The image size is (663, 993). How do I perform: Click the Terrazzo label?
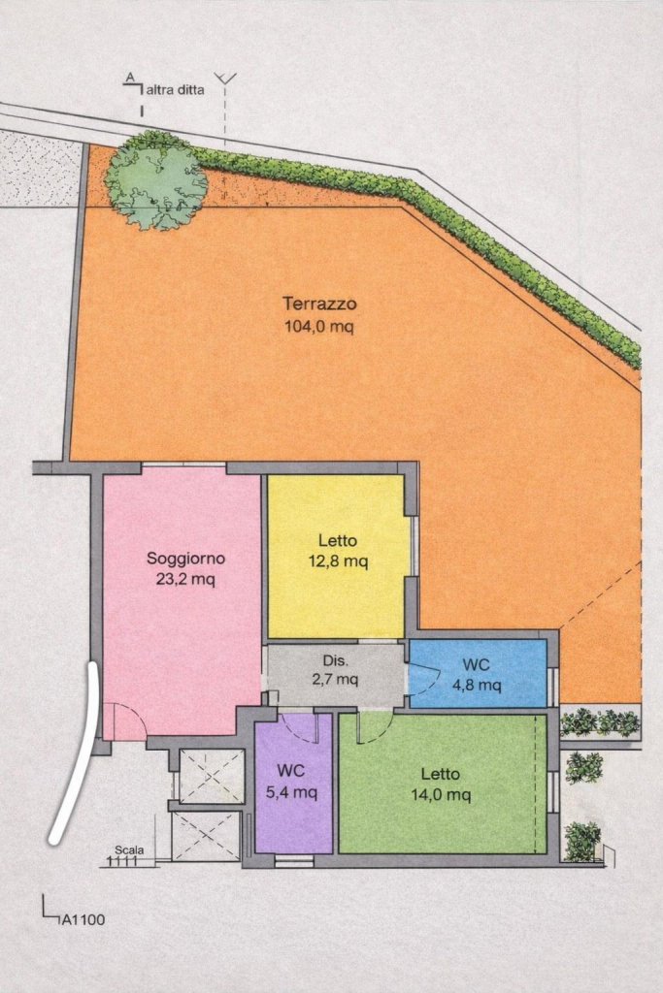click(319, 304)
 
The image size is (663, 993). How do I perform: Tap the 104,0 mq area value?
click(319, 327)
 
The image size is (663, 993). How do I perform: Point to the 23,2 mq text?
click(185, 579)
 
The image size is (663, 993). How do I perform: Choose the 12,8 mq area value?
click(338, 561)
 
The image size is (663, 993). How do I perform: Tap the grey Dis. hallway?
click(336, 675)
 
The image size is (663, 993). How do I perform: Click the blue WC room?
click(478, 673)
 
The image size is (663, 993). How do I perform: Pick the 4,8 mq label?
click(477, 685)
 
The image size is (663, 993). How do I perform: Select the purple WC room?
click(293, 784)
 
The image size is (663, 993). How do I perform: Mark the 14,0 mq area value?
click(441, 794)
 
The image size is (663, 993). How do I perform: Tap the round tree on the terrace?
click(156, 180)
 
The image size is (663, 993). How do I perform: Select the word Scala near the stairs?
click(129, 849)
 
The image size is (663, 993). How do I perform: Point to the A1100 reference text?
click(83, 919)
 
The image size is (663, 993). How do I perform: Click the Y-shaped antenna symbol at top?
click(225, 79)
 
